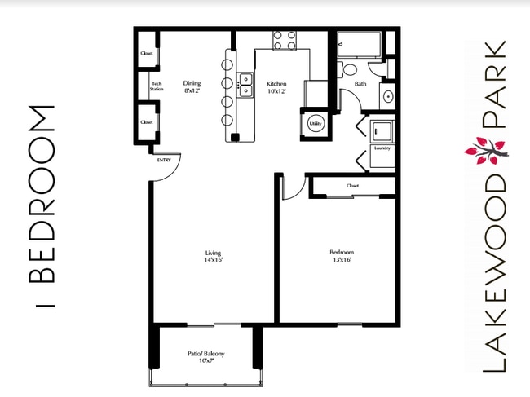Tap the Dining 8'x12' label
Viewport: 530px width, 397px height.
192,86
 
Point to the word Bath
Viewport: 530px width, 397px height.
359,83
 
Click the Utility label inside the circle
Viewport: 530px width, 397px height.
316,124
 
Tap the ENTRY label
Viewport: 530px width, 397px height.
163,160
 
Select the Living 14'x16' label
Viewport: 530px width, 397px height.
213,257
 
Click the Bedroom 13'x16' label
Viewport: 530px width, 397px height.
341,255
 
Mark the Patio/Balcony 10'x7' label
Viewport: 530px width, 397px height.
205,356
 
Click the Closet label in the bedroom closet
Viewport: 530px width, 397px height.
352,186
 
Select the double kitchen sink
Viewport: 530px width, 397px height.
245,83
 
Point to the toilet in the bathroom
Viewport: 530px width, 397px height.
348,69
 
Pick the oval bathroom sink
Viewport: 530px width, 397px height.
388,97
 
